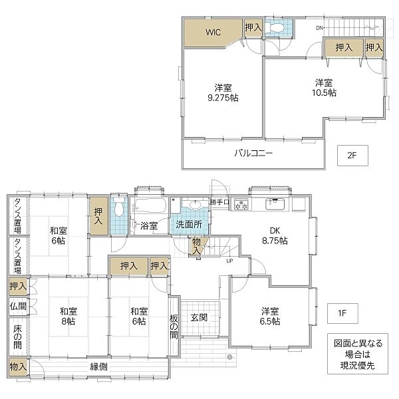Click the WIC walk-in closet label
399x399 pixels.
pos(213,31)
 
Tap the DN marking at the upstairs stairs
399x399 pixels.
pos(319,27)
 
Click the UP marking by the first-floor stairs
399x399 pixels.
pos(230,260)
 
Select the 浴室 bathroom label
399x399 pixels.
pos(148,225)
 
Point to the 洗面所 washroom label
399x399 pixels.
pos(189,225)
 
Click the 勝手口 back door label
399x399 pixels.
pos(219,201)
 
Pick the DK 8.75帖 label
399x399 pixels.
pos(274,235)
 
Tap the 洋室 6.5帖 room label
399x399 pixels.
pos(270,315)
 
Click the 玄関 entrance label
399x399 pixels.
pos(199,317)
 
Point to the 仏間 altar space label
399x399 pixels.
pos(18,307)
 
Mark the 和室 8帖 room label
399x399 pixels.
pos(68,315)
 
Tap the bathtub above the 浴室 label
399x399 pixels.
pos(148,205)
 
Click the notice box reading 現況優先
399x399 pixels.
pos(359,354)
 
